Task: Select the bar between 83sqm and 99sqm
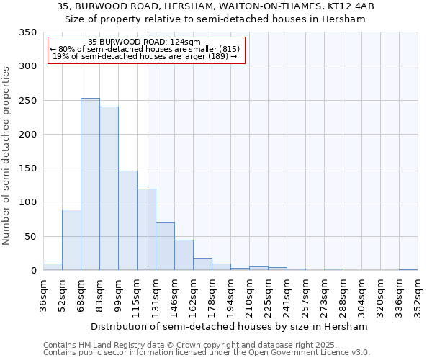click(x=109, y=189)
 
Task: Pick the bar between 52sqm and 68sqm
click(x=71, y=240)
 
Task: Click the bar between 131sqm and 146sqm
click(x=165, y=246)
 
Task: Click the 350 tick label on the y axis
click(x=27, y=32)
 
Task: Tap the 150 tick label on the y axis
click(x=27, y=168)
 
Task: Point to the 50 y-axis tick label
click(x=30, y=236)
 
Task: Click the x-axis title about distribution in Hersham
click(x=230, y=326)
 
